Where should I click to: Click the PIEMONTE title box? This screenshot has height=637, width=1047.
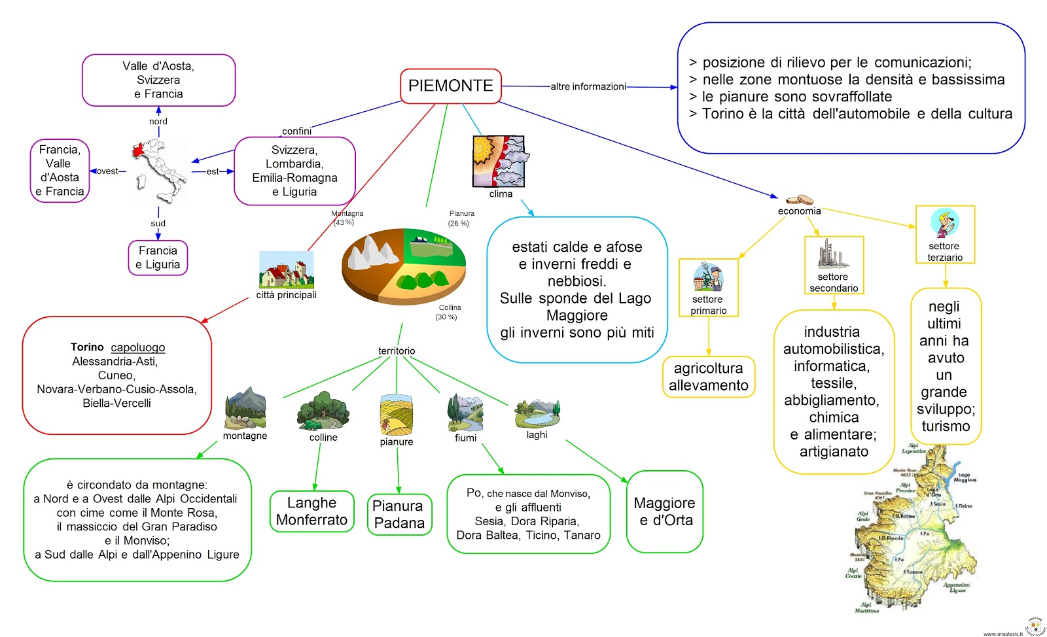pos(450,86)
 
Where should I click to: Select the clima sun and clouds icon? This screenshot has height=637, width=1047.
pos(499,162)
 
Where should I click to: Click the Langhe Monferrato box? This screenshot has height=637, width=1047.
pos(312,511)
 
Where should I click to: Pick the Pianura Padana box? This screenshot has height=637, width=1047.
pos(399,515)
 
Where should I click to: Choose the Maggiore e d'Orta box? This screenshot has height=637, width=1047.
pos(664,511)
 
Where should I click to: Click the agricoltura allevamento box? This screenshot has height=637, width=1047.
pos(708,377)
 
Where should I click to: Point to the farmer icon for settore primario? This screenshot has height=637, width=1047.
pos(708,277)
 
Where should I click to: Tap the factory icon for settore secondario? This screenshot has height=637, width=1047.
pos(832,254)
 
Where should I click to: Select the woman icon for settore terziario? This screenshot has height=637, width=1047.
pos(944,223)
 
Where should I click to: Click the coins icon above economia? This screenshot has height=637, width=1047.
pos(800,199)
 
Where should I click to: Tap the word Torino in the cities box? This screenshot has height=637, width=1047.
pos(87,347)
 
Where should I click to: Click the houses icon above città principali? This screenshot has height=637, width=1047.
pos(286,270)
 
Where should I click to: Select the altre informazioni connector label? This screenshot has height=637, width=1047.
pos(588,86)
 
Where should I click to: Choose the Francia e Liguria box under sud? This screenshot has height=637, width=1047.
pos(158,258)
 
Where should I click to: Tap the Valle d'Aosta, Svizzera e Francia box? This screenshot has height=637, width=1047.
pos(158,80)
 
